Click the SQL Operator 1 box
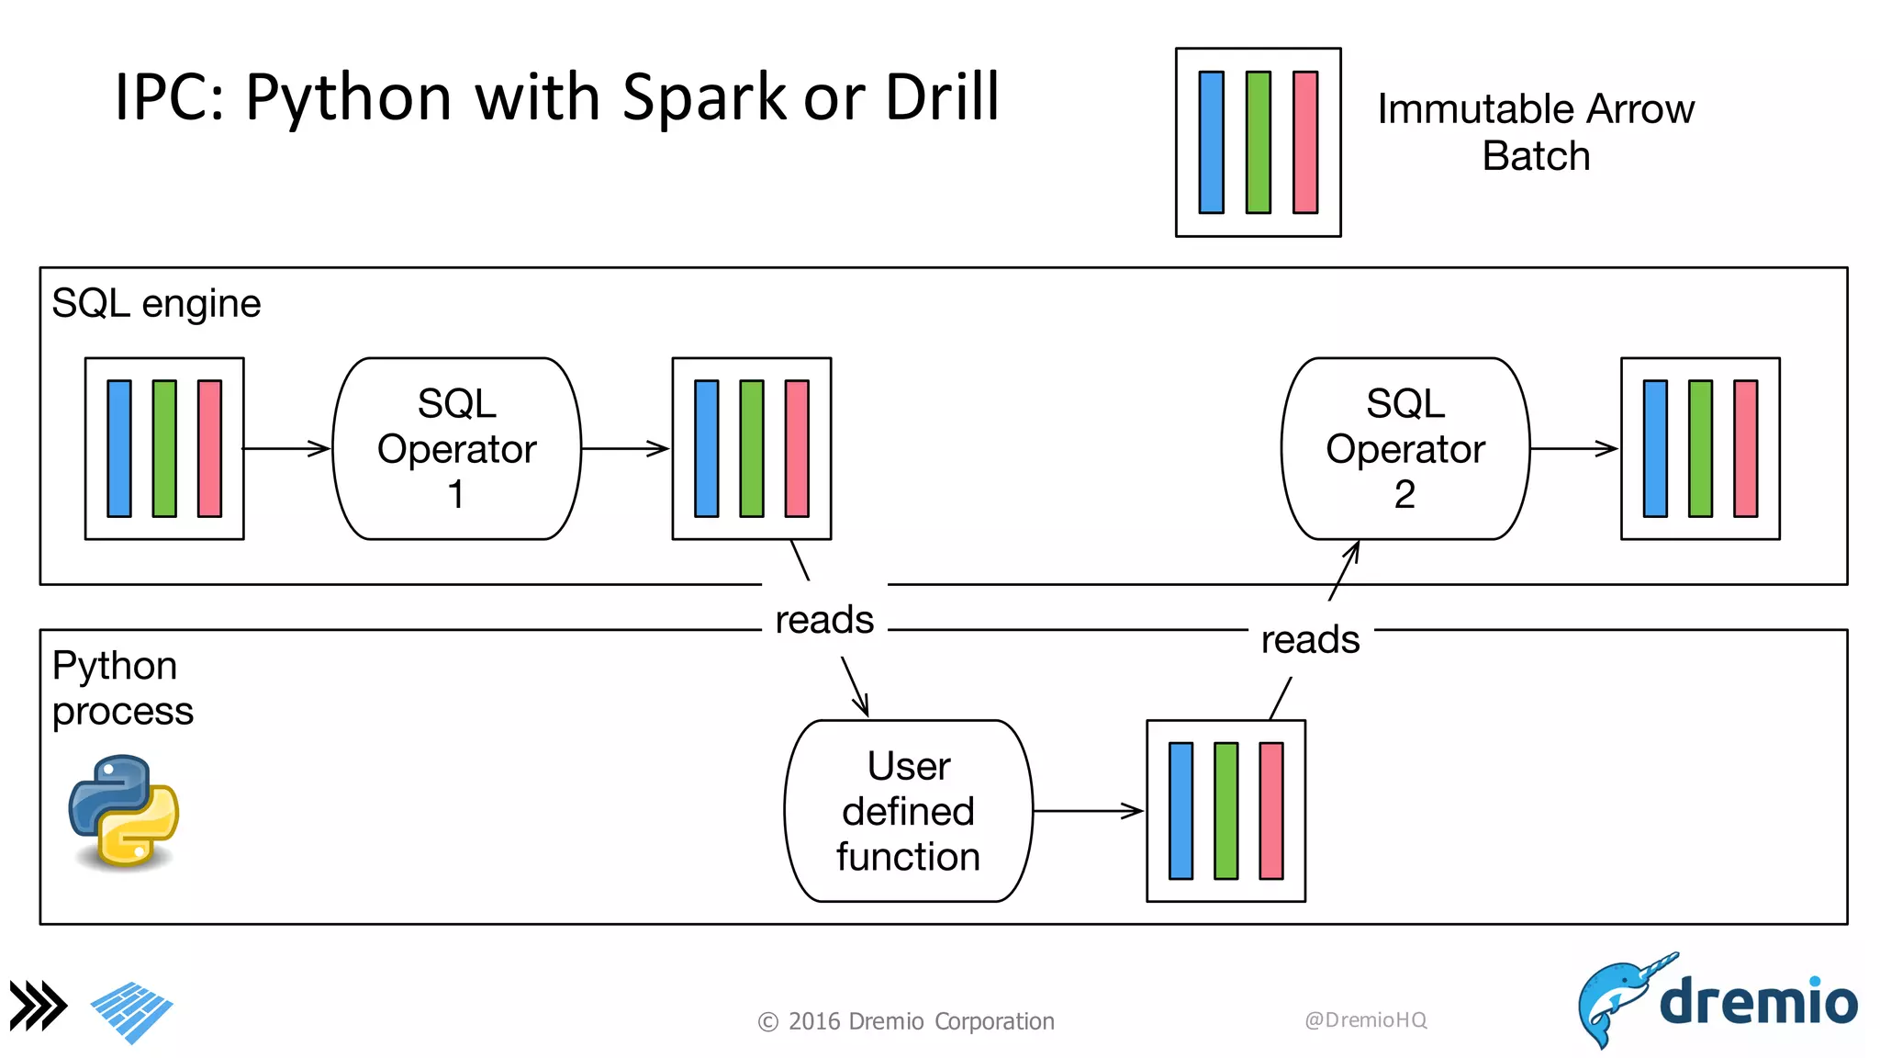tap(456, 448)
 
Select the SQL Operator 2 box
tap(1404, 448)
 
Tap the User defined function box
tap(908, 811)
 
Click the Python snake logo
tap(124, 810)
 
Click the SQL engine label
tap(156, 303)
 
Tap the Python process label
tap(122, 688)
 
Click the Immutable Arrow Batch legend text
tap(1535, 132)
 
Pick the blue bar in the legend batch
tap(1211, 142)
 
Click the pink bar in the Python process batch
tap(1271, 811)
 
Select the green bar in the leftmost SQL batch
tap(164, 448)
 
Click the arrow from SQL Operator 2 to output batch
tap(1572, 448)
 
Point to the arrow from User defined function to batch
tap(1088, 811)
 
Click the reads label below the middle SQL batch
tap(823, 620)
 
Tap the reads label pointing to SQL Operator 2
tap(1310, 640)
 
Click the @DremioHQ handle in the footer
tap(1365, 1020)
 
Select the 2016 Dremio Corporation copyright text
tap(907, 1021)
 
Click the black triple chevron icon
tap(38, 1006)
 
